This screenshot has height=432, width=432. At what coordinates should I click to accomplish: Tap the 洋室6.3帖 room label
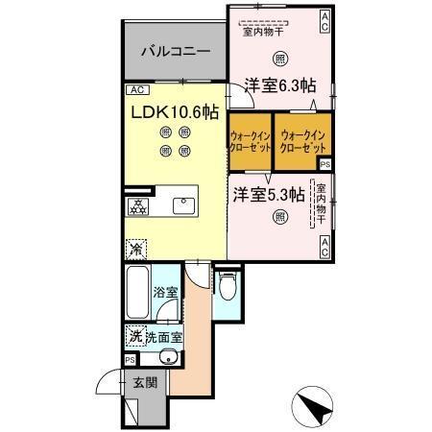pyautogui.click(x=279, y=84)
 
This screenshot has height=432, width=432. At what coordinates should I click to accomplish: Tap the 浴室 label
pyautogui.click(x=166, y=292)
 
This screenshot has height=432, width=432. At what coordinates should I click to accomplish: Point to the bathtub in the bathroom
pyautogui.click(x=136, y=294)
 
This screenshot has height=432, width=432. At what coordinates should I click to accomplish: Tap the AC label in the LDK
pyautogui.click(x=136, y=90)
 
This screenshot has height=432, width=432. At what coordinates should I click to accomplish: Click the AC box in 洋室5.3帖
pyautogui.click(x=325, y=246)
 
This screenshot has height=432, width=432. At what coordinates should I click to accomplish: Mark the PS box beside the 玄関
pyautogui.click(x=129, y=360)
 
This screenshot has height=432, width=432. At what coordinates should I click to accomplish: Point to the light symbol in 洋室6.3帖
pyautogui.click(x=279, y=56)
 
